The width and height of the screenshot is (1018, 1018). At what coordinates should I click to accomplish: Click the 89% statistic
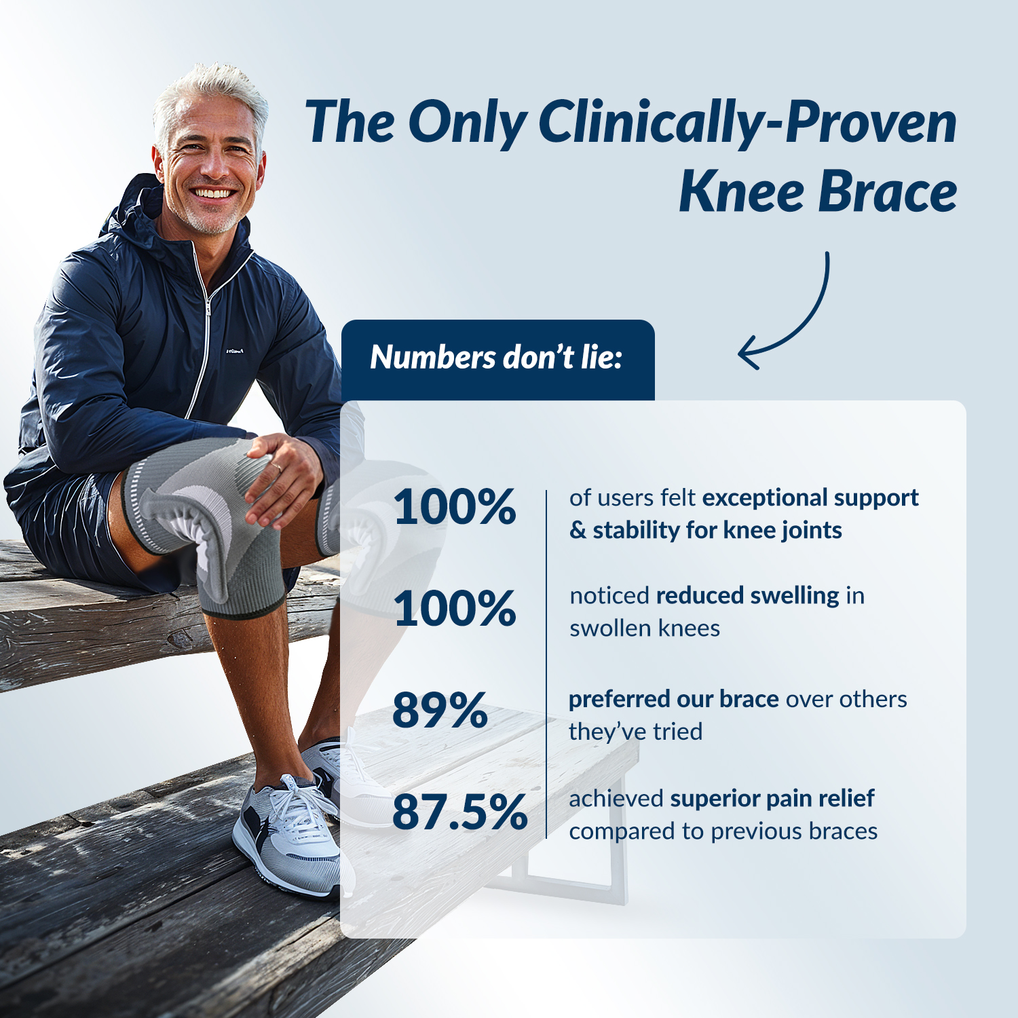pyautogui.click(x=440, y=711)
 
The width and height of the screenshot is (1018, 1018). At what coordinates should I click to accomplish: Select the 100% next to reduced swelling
pyautogui.click(x=455, y=607)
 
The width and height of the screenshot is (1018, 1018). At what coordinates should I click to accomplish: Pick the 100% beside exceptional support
pyautogui.click(x=455, y=507)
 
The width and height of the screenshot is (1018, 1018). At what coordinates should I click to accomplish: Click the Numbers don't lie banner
pyautogui.click(x=497, y=360)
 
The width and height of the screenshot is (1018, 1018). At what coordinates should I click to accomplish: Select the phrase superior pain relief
pyautogui.click(x=772, y=799)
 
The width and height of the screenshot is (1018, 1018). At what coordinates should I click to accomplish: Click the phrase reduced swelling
pyautogui.click(x=748, y=595)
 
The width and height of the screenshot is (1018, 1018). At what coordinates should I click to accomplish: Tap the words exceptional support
pyautogui.click(x=810, y=498)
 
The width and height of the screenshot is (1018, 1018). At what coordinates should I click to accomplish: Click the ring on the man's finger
pyautogui.click(x=277, y=467)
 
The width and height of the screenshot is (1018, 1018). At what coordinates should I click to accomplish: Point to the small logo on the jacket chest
pyautogui.click(x=234, y=351)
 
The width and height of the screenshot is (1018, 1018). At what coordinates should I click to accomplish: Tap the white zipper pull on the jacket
pyautogui.click(x=208, y=308)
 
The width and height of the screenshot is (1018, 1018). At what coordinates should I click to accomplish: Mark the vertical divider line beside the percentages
pyautogui.click(x=546, y=664)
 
